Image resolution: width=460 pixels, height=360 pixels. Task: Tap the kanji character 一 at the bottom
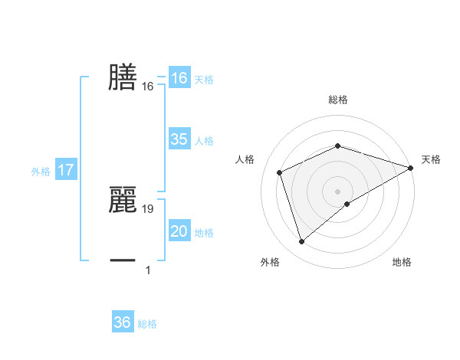pos(123,260)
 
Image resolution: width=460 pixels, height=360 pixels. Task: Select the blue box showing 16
pos(179,78)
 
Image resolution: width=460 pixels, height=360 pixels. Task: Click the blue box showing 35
pos(179,139)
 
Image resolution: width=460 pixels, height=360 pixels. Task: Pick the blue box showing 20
pos(179,231)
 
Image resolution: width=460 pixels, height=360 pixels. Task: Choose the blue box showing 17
pos(65,170)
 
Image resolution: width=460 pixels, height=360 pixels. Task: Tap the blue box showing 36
pos(123,322)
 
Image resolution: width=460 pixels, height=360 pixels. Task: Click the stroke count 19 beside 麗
pos(149,208)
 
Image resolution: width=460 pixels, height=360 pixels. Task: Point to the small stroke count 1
pos(148,270)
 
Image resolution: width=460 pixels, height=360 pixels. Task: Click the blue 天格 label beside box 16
pos(204,79)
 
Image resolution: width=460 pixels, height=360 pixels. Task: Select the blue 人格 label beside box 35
pos(204,140)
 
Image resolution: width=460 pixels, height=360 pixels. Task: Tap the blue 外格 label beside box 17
pos(41,172)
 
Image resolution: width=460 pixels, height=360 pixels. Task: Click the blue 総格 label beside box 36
pos(147,323)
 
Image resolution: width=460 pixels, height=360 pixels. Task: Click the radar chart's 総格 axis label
pos(337,100)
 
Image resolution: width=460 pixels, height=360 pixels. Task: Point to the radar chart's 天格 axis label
pos(431,159)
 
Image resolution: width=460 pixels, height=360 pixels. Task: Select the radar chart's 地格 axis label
pos(402,262)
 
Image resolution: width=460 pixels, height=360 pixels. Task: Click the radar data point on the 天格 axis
pos(411,167)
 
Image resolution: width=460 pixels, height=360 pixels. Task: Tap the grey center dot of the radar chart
pos(337,191)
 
